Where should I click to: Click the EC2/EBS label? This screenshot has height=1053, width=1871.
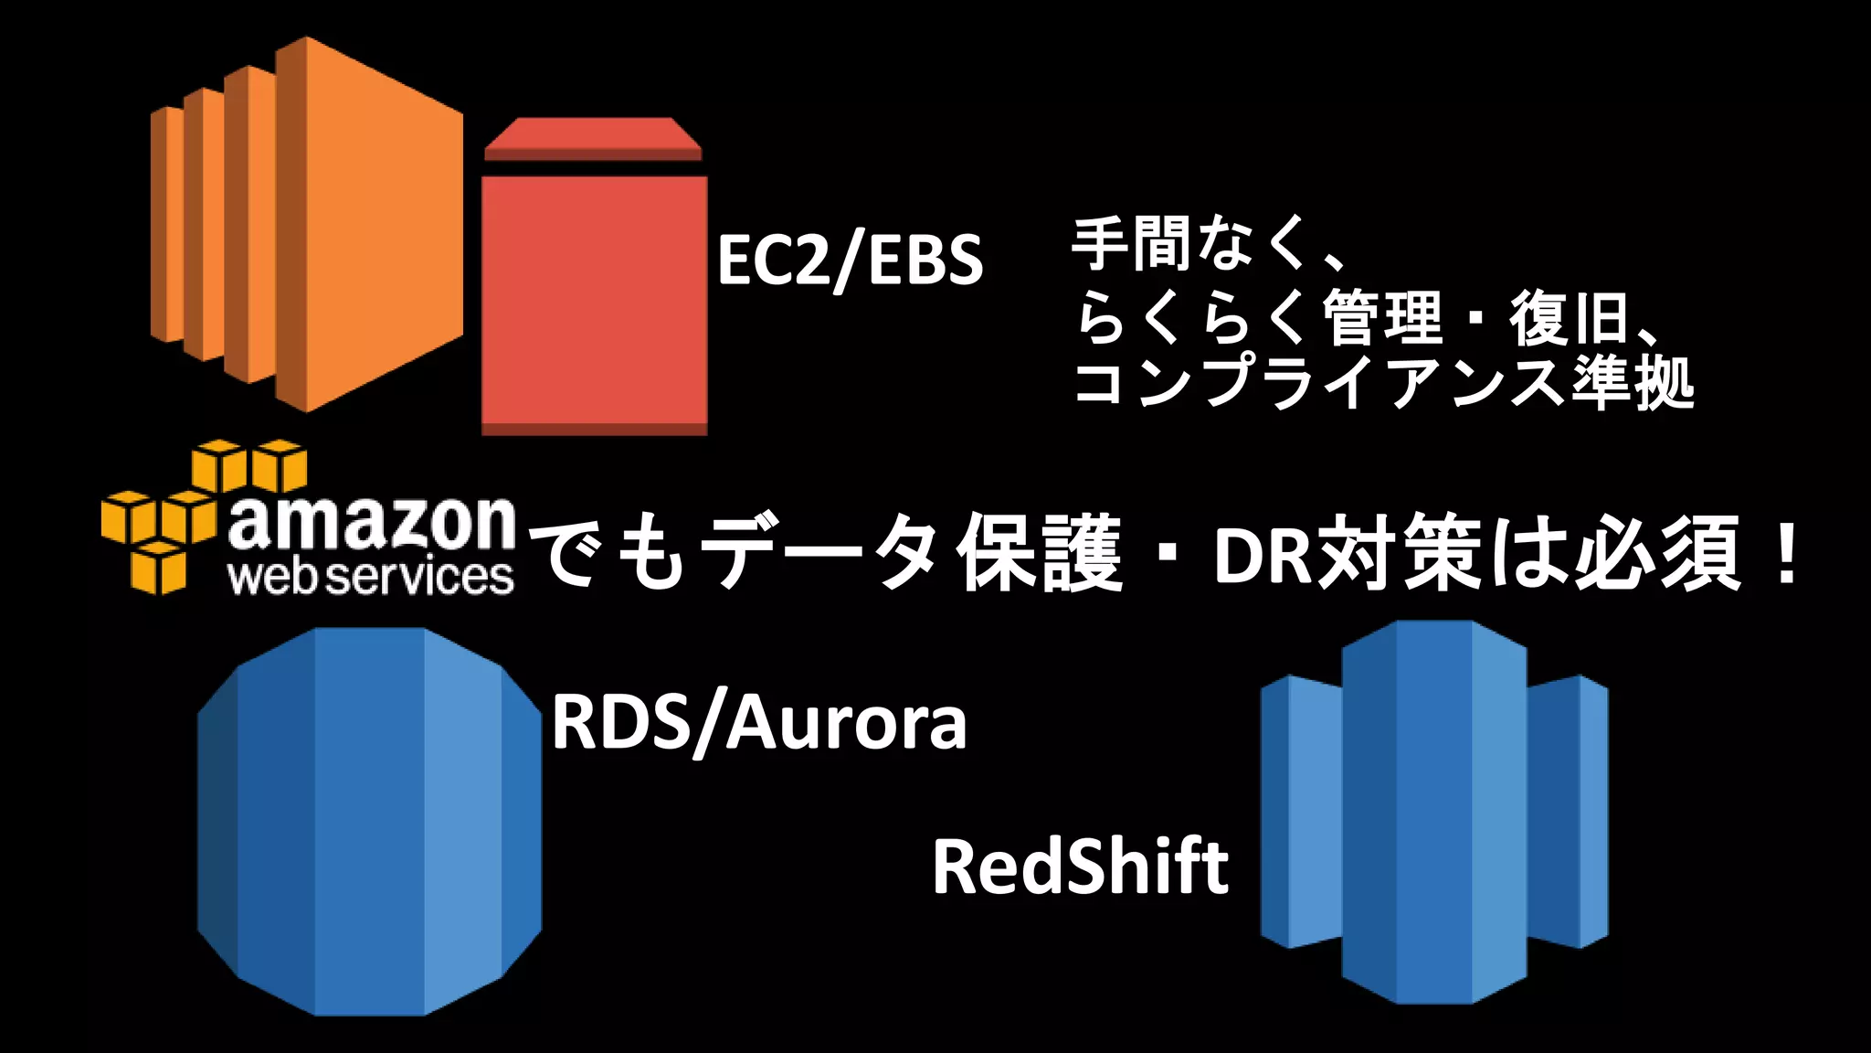pos(850,261)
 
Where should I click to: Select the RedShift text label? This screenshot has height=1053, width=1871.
pos(1080,867)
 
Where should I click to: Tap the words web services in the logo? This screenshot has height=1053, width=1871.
pos(371,578)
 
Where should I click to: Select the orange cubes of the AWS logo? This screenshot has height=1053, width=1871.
pos(192,512)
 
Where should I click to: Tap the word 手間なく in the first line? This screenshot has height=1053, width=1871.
pos(1188,245)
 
